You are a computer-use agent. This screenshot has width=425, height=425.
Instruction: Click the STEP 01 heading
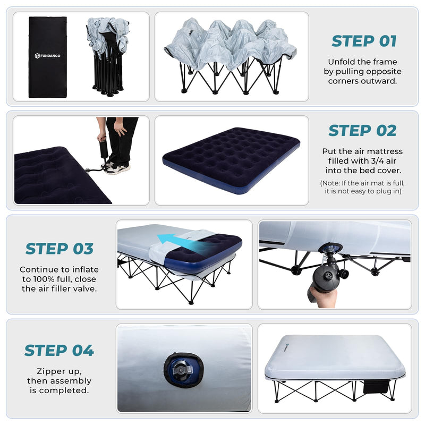pyautogui.click(x=364, y=41)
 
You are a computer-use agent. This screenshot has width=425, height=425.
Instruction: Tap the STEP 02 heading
pyautogui.click(x=362, y=130)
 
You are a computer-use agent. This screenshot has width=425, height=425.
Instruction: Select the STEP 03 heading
pyautogui.click(x=59, y=249)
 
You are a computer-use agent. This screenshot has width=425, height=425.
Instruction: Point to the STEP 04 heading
pyautogui.click(x=59, y=351)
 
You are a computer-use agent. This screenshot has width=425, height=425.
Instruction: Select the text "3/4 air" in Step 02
pyautogui.click(x=380, y=160)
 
